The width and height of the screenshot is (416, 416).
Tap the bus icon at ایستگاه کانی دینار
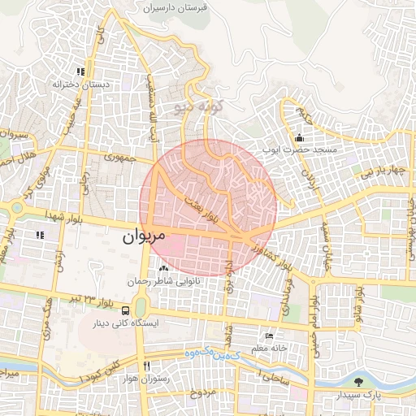tap(125, 310)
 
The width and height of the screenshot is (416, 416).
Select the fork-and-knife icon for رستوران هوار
tap(146, 366)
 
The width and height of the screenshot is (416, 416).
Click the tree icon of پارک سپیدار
tap(359, 382)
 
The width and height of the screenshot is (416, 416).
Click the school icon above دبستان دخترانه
tap(80, 71)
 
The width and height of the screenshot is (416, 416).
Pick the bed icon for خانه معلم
tap(269, 336)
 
